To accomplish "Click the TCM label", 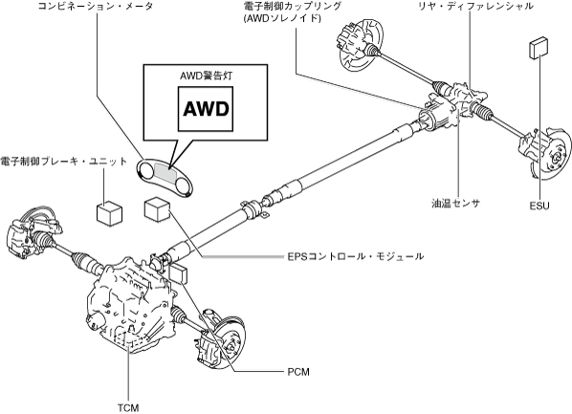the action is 128,407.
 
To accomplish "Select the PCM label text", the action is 298,372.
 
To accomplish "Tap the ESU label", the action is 539,207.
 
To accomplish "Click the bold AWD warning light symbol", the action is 206,109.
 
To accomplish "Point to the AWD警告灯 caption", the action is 206,76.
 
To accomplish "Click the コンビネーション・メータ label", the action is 96,6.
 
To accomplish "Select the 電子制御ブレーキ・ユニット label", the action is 63,162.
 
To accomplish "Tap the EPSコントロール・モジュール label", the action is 356,256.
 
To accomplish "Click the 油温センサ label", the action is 455,203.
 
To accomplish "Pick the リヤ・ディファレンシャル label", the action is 476,6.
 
